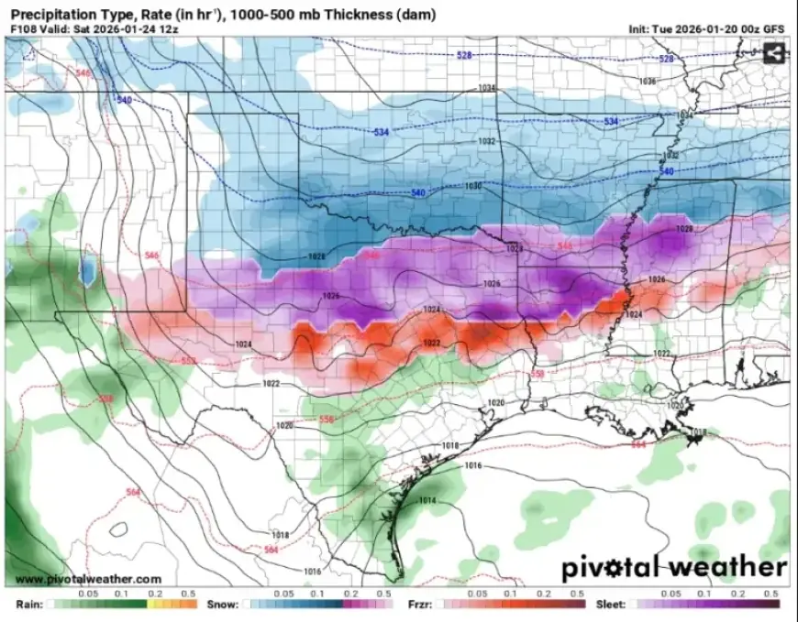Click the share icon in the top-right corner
pyautogui.click(x=775, y=53)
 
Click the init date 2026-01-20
pyautogui.click(x=704, y=28)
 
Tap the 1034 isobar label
pyautogui.click(x=486, y=88)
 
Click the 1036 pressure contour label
pyautogui.click(x=648, y=82)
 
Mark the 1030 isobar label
pyautogui.click(x=473, y=186)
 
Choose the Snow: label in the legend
pyautogui.click(x=224, y=606)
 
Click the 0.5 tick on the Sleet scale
pyautogui.click(x=772, y=594)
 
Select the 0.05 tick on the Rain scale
pyautogui.click(x=89, y=594)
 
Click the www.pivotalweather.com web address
pyautogui.click(x=89, y=579)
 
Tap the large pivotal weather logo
pyautogui.click(x=674, y=567)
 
